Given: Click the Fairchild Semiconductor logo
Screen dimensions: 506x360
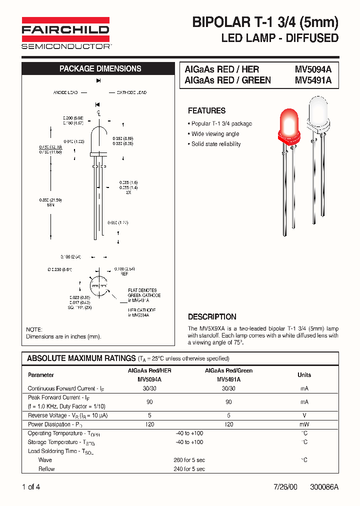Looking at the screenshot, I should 65,33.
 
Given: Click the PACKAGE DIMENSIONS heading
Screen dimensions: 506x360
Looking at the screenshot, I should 100,69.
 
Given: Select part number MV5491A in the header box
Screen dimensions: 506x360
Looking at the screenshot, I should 313,80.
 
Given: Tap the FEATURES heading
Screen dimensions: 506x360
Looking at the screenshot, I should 206,110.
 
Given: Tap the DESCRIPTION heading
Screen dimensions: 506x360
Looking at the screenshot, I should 212,316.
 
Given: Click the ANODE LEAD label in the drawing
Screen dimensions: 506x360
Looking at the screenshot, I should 65,93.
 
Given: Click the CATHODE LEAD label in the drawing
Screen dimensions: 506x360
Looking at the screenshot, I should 131,93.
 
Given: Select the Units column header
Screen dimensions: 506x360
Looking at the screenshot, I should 304,375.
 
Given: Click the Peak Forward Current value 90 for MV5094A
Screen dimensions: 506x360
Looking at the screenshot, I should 149,402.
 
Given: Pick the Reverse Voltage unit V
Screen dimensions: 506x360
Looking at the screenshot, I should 304,415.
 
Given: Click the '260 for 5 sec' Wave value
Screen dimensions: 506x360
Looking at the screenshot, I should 189,460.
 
